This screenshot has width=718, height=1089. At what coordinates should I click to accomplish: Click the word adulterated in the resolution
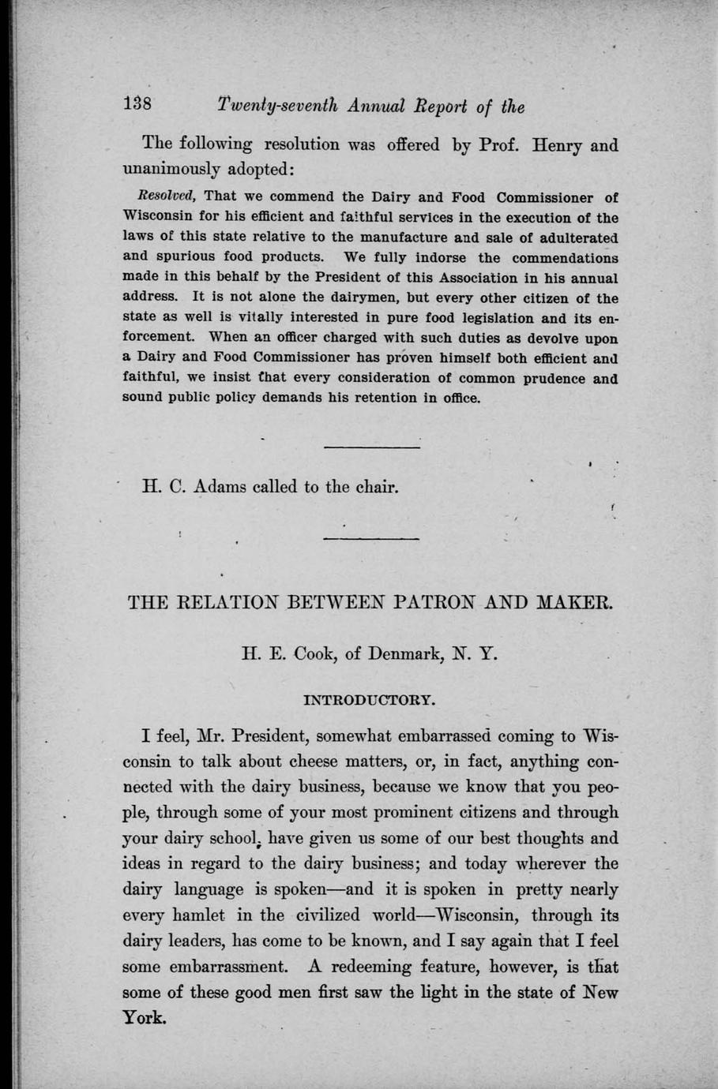[x=576, y=238]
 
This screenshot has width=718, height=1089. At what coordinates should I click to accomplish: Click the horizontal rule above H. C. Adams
[x=372, y=448]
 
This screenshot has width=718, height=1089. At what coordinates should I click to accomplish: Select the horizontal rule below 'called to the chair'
[x=371, y=540]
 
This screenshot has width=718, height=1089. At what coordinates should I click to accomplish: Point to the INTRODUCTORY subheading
[x=370, y=699]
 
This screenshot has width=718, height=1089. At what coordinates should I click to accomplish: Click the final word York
[x=145, y=1018]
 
